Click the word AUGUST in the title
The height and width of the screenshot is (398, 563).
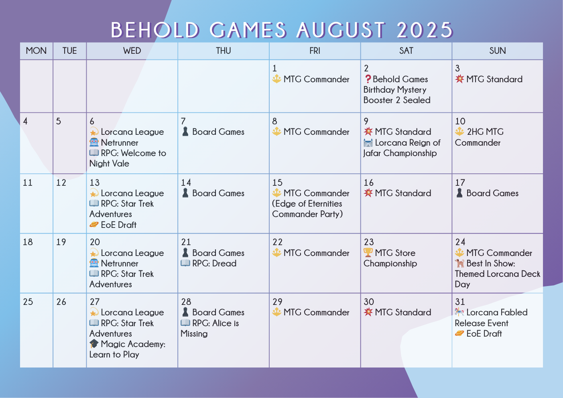coord(341,30)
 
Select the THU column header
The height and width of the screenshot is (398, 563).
coord(224,51)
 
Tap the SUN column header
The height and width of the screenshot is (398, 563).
coord(498,51)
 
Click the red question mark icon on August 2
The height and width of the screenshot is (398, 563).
coord(368,79)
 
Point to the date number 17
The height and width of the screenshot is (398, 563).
coord(460,183)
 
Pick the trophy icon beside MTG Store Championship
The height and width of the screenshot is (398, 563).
coord(368,252)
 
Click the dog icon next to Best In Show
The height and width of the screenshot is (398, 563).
coord(459,263)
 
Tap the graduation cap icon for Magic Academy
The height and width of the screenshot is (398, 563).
coord(94,343)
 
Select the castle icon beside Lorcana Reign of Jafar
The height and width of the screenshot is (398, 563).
coord(368,143)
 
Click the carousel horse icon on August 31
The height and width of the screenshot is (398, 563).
coord(459,312)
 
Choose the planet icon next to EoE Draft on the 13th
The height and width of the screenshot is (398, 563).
coord(94,224)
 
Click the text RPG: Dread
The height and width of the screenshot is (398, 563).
coord(214,263)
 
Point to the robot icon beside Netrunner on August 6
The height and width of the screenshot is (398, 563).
coord(94,142)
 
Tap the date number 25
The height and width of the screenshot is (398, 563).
coord(28,302)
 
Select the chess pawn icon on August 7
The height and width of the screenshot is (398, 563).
coord(185,132)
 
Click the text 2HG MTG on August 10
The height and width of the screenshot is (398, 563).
coord(485,132)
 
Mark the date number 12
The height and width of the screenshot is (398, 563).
coord(61,183)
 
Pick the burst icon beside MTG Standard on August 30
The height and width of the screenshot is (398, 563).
coord(368,312)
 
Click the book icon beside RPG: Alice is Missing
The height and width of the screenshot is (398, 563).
coord(185,323)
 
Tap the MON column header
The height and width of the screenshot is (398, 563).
coord(36,51)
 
